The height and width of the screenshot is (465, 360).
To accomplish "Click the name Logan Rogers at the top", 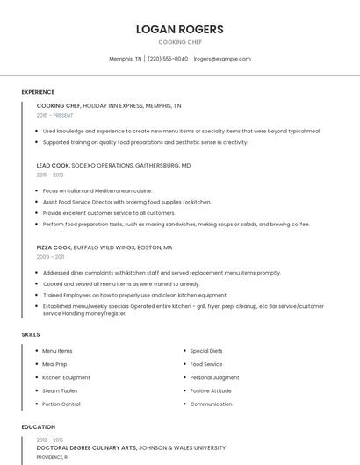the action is (180, 29).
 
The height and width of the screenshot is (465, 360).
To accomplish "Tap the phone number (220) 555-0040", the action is (168, 59).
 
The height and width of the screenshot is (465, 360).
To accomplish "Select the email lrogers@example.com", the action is (222, 59).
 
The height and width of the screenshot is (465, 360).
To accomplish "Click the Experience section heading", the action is (38, 92).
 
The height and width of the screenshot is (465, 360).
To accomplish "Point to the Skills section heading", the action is (31, 334).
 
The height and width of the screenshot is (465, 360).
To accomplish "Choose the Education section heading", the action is (39, 427).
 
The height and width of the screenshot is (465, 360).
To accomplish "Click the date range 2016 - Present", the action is (55, 115).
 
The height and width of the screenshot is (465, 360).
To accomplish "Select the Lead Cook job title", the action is (54, 165).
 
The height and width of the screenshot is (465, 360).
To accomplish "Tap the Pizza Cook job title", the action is (54, 247).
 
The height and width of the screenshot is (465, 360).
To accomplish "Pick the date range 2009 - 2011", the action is (50, 257).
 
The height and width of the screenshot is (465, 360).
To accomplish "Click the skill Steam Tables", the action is (60, 390).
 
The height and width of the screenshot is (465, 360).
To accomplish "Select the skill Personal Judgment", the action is (214, 377).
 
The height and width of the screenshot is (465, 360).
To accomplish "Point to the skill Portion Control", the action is (61, 404).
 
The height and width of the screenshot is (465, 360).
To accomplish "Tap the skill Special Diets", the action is (206, 351).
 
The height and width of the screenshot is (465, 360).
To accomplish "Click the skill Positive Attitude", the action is (211, 390).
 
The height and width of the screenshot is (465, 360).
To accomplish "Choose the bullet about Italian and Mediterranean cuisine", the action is (97, 190).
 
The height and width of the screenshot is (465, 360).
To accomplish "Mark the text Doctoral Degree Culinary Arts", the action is (85, 447).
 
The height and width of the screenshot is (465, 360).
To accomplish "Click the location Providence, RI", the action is (52, 457).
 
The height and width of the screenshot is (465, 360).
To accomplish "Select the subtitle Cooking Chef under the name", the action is (180, 42).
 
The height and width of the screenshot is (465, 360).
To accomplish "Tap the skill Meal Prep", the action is (54, 364).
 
